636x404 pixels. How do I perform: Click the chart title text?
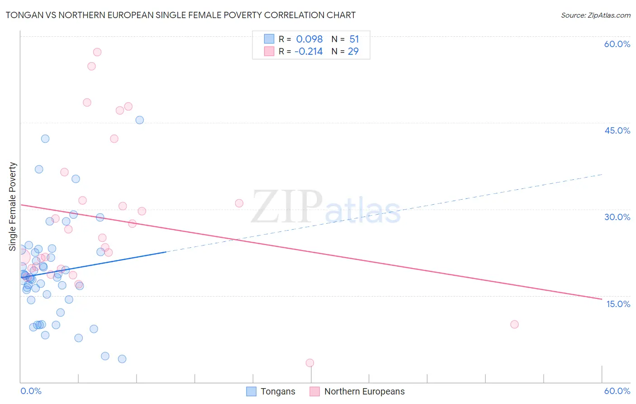tap(180, 15)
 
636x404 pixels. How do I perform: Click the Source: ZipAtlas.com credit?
tap(595, 15)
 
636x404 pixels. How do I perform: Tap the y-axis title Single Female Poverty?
tap(13, 207)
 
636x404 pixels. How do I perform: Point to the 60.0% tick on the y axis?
tap(617, 44)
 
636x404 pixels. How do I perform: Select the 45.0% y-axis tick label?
tap(617, 130)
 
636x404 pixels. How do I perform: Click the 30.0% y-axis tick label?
tap(617, 217)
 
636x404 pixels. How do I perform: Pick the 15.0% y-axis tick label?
tap(618, 304)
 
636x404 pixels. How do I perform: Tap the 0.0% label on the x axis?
tap(31, 391)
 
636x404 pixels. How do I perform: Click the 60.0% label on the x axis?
tap(617, 391)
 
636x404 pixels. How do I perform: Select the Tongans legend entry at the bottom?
tap(271, 391)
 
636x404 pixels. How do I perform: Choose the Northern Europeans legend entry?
tap(357, 391)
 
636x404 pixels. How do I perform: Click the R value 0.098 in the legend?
tap(309, 39)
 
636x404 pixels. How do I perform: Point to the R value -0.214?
tap(309, 51)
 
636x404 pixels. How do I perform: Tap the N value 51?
tap(354, 39)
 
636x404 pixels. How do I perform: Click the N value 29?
tap(353, 51)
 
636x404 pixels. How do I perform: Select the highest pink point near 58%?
tap(97, 52)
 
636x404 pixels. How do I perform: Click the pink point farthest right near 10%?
tap(514, 324)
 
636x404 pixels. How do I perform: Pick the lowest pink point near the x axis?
tap(310, 363)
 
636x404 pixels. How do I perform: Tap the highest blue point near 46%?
tap(140, 120)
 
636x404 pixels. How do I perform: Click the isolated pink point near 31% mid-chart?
tap(239, 203)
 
